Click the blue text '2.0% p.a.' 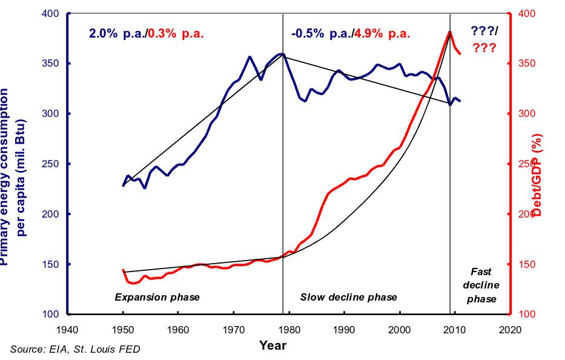[x=114, y=34]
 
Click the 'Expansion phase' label [x=157, y=297]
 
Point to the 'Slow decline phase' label [x=348, y=297]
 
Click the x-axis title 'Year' [x=273, y=345]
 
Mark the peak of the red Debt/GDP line [x=450, y=32]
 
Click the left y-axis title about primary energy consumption [x=13, y=176]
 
